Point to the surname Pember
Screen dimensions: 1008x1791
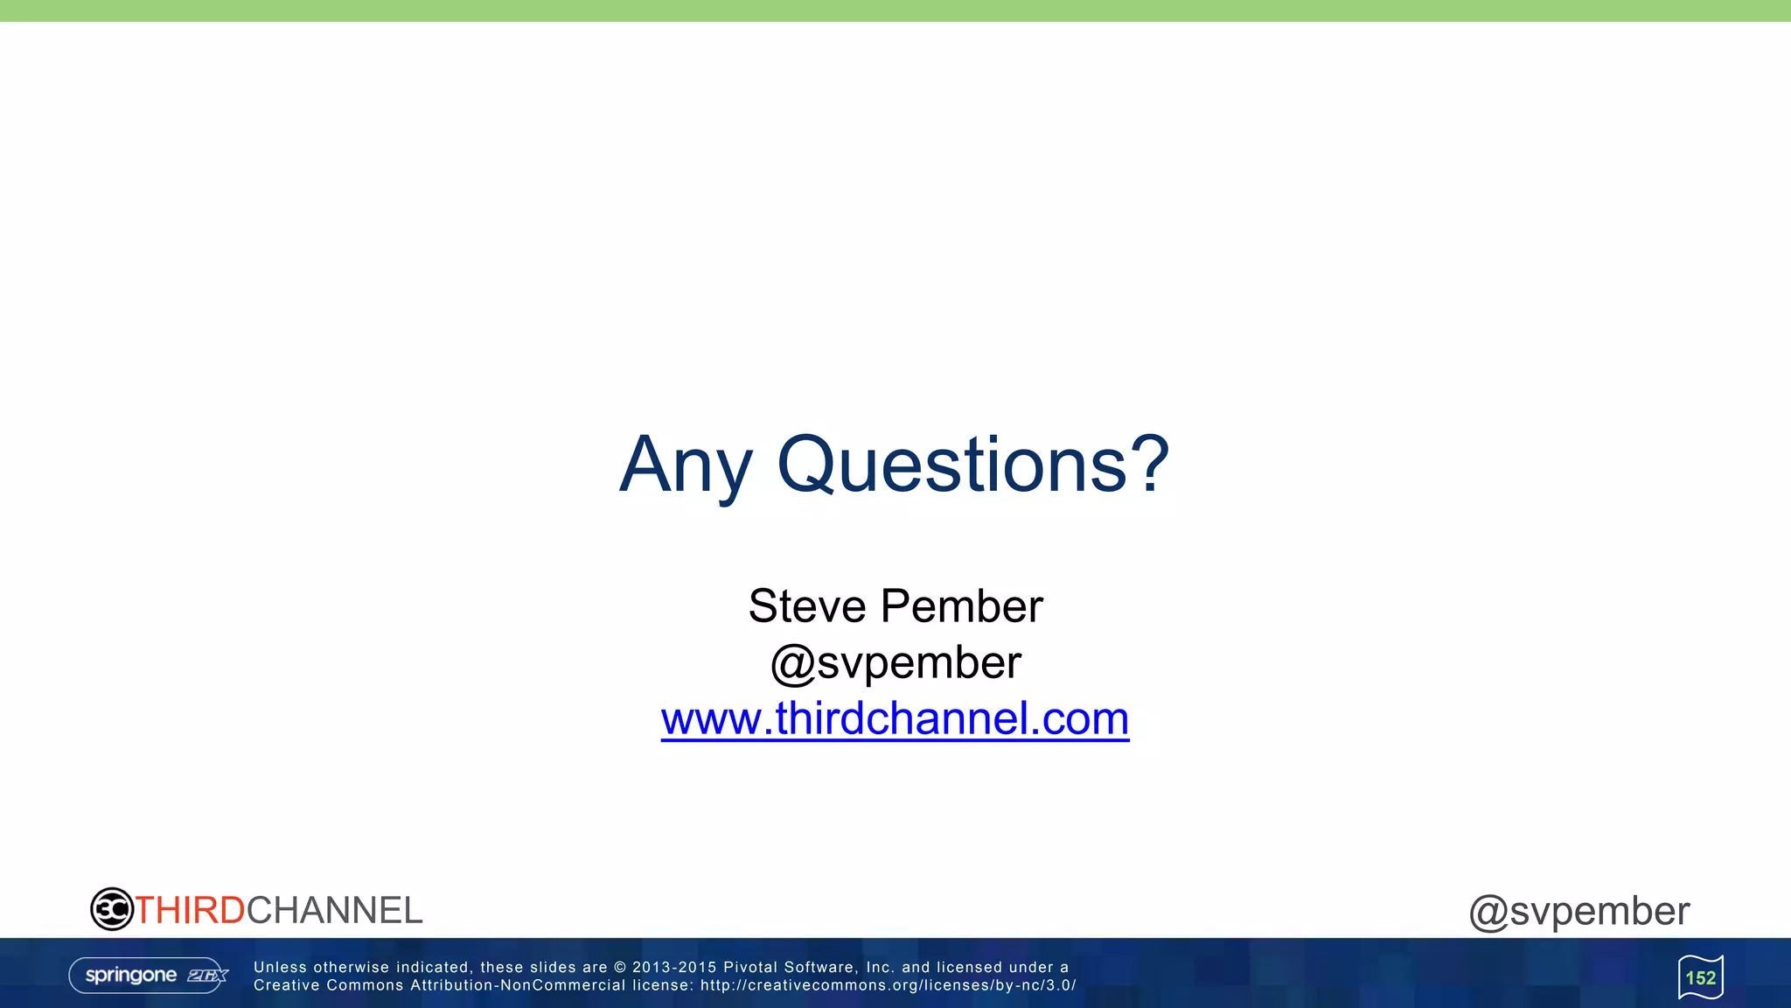click(962, 606)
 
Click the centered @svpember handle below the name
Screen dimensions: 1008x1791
click(895, 662)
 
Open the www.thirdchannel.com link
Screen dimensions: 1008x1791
click(895, 718)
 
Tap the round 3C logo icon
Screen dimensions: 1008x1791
click(112, 909)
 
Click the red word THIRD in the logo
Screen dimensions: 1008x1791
click(190, 911)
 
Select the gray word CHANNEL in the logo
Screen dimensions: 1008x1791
click(335, 911)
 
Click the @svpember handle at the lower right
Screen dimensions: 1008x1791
click(1579, 912)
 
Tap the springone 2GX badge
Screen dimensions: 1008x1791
click(149, 975)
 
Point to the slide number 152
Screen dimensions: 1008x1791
click(1701, 977)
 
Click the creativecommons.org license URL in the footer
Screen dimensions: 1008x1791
click(888, 985)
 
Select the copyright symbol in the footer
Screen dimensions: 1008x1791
click(620, 967)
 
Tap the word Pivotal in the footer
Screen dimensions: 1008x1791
click(750, 967)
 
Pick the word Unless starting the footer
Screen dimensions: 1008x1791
click(280, 967)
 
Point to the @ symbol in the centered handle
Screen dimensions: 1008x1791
click(792, 664)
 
